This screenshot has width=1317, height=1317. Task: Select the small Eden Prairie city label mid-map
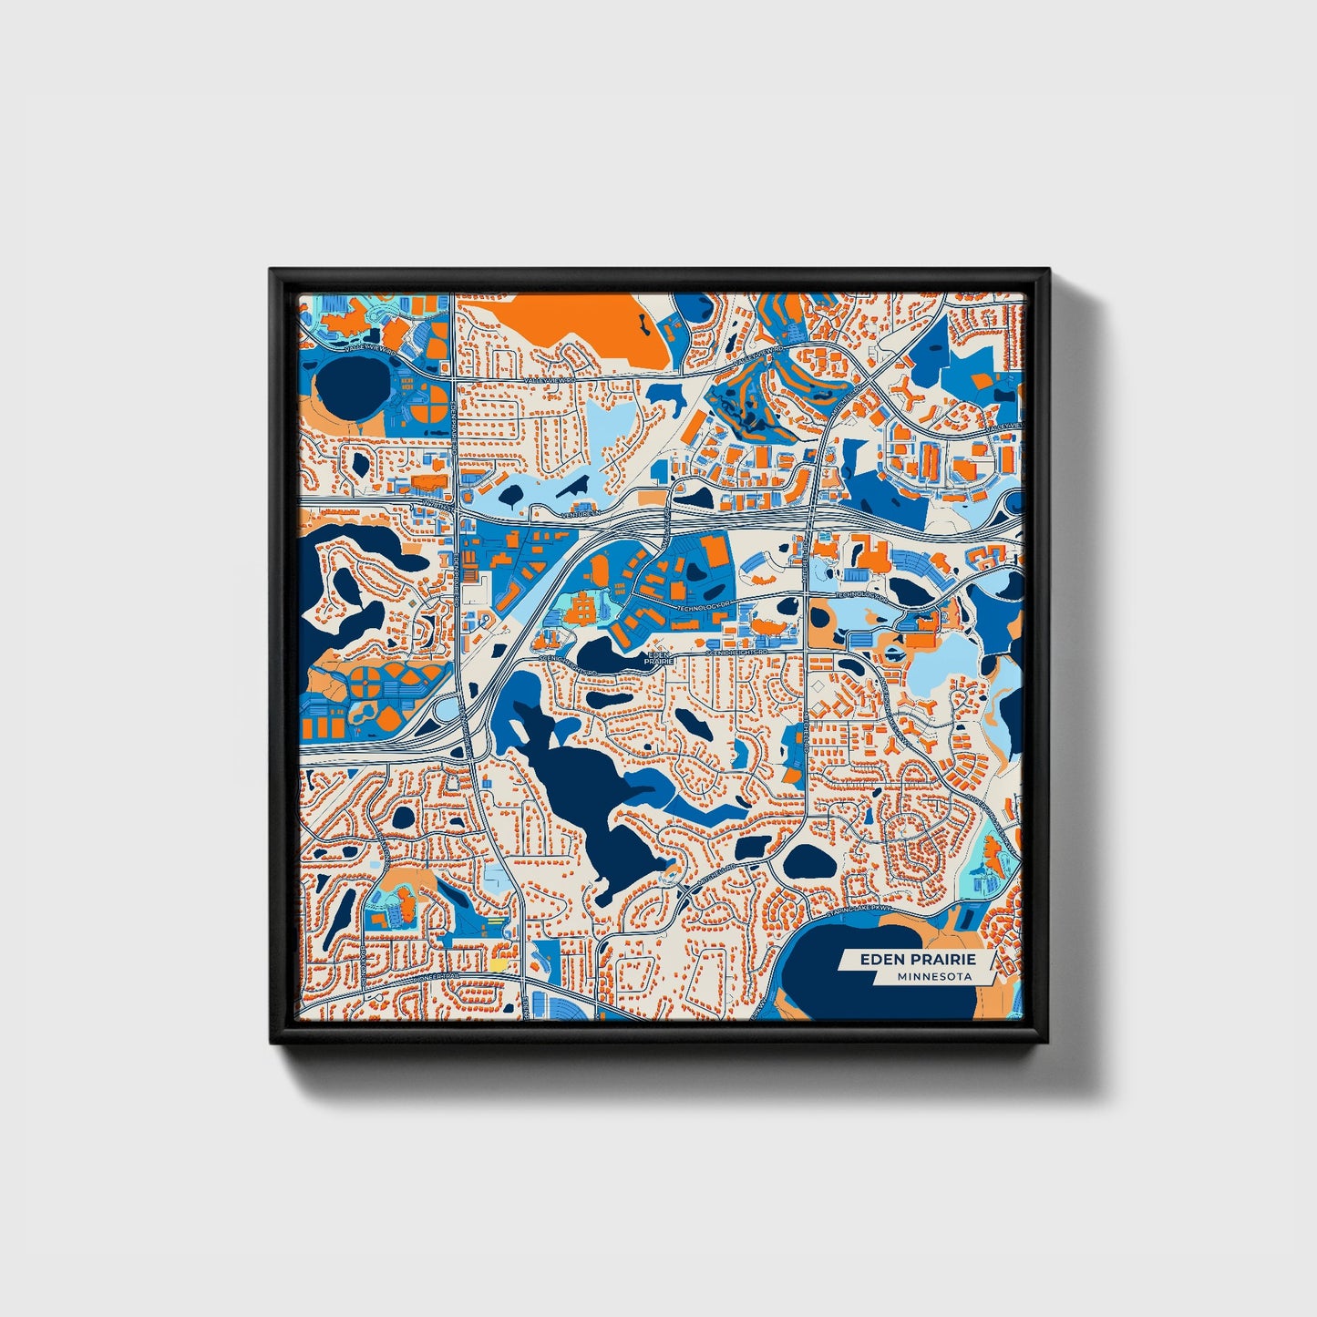pyautogui.click(x=657, y=657)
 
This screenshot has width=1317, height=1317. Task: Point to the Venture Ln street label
pyautogui.click(x=581, y=514)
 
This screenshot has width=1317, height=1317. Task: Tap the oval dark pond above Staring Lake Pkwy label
pyautogui.click(x=807, y=860)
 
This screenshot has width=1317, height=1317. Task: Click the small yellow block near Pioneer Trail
pyautogui.click(x=499, y=962)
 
